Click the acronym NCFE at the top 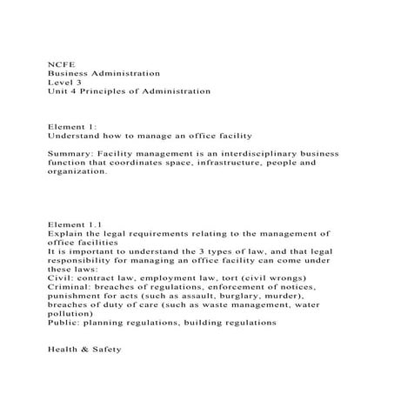[58, 63]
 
